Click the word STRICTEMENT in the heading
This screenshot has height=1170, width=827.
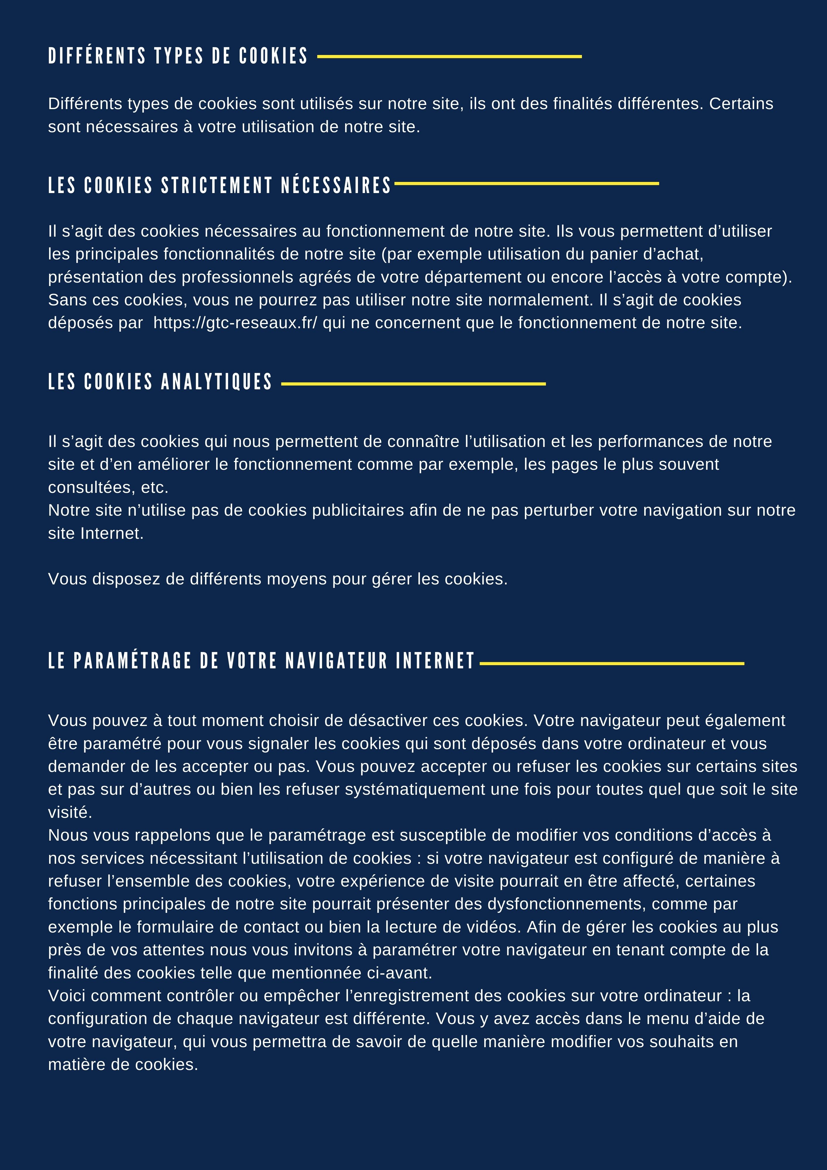pyautogui.click(x=217, y=185)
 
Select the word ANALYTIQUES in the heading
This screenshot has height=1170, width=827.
pyautogui.click(x=217, y=382)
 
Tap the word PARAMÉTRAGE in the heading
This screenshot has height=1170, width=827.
pyautogui.click(x=134, y=661)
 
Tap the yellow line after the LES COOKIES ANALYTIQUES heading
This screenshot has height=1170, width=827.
pyautogui.click(x=413, y=384)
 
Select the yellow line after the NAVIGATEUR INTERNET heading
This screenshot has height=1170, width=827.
pyautogui.click(x=612, y=663)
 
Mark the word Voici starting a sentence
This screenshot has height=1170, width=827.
pyautogui.click(x=67, y=996)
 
